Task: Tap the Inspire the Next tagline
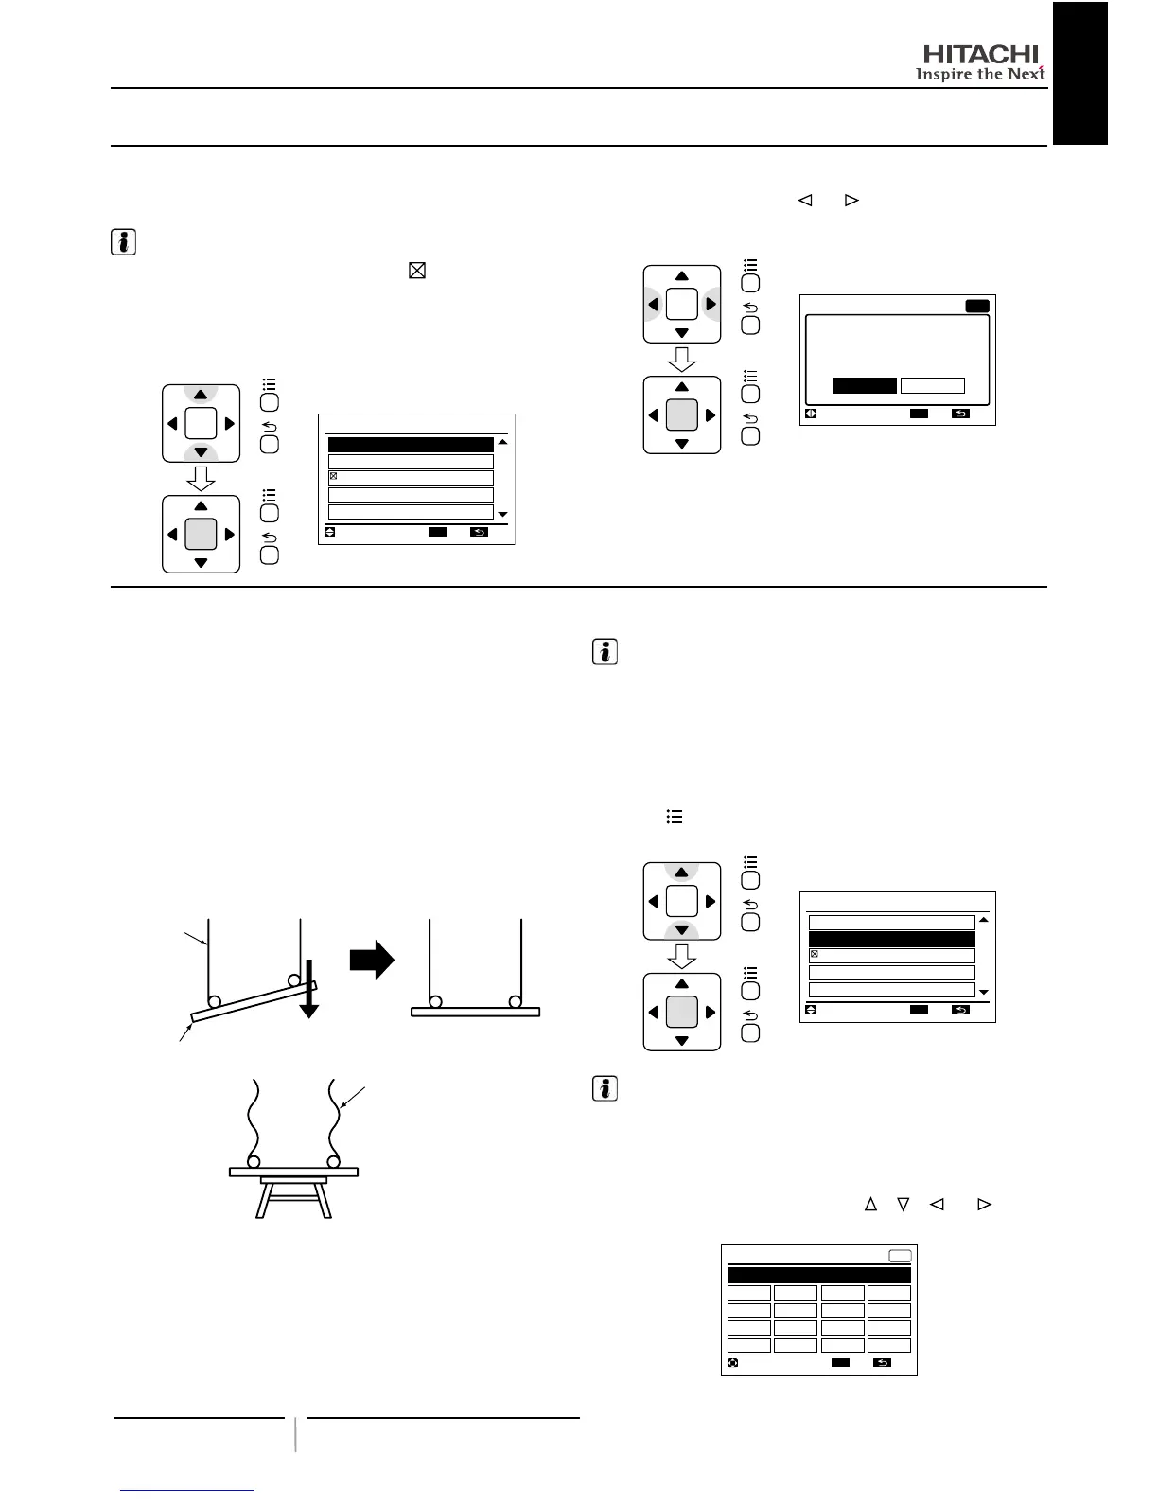coord(979,74)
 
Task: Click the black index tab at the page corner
coord(1079,73)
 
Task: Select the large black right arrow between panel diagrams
coord(372,960)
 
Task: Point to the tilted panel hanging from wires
coord(254,1002)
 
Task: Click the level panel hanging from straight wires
coord(475,1011)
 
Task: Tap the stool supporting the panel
coord(294,1197)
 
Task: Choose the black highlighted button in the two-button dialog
coord(865,385)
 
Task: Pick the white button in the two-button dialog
coord(932,385)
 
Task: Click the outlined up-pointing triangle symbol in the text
coord(870,1205)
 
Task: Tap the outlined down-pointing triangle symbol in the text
coord(904,1205)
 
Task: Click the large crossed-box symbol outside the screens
coord(416,271)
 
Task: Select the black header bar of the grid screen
coord(818,1275)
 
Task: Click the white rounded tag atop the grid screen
coord(900,1256)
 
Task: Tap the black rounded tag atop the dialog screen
coord(976,306)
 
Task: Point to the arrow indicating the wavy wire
coord(353,1098)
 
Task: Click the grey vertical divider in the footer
coord(295,1434)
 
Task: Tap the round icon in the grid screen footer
coord(732,1364)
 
